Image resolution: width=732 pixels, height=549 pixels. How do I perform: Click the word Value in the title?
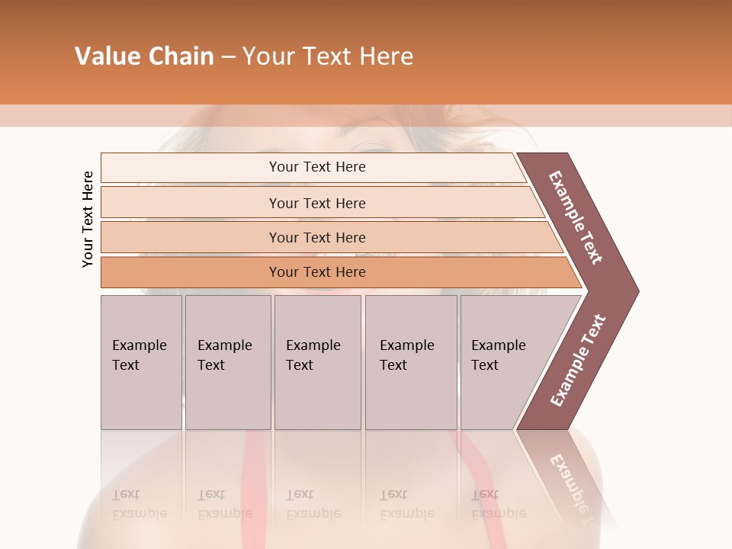[x=108, y=56]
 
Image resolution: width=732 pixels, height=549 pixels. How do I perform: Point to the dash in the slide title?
[x=228, y=57]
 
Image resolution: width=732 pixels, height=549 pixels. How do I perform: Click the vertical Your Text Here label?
[x=88, y=219]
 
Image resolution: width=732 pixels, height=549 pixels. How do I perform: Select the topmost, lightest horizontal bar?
[x=191, y=168]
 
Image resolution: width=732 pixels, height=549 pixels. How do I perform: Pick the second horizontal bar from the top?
[x=191, y=203]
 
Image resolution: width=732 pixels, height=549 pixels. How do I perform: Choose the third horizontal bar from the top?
[x=191, y=237]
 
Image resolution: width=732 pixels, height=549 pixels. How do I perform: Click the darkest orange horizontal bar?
[x=191, y=272]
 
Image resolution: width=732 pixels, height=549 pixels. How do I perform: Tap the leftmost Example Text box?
[x=141, y=362]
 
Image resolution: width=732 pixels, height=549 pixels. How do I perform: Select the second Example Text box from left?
[x=228, y=362]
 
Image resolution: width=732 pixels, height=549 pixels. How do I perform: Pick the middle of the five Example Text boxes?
[x=317, y=362]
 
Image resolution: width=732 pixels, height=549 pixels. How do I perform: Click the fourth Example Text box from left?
[x=411, y=362]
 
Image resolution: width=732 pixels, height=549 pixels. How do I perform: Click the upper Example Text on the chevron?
[x=576, y=217]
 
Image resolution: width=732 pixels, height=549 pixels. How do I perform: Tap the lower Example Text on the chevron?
[x=578, y=360]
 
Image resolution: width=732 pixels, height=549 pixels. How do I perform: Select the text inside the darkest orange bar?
[x=317, y=272]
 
